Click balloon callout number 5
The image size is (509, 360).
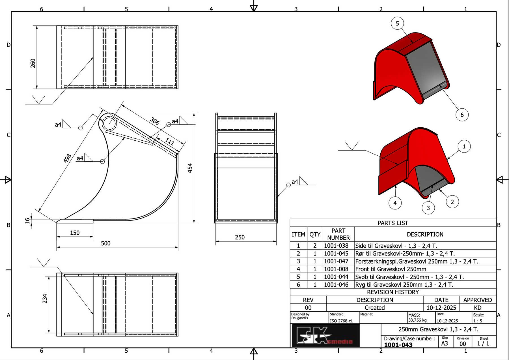click(x=397, y=23)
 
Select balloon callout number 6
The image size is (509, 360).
click(x=462, y=115)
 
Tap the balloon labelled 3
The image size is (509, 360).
click(x=428, y=208)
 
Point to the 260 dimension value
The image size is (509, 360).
click(x=33, y=63)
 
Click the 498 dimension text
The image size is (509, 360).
click(x=67, y=158)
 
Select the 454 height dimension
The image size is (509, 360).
click(x=190, y=168)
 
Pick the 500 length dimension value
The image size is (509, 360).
click(x=106, y=243)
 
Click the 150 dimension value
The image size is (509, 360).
click(x=75, y=233)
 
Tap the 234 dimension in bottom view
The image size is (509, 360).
click(x=45, y=299)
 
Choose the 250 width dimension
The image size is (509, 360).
click(x=240, y=237)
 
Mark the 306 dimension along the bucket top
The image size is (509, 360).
click(x=155, y=121)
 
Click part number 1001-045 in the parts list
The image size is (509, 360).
click(x=336, y=254)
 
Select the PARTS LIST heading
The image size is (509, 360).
click(x=393, y=223)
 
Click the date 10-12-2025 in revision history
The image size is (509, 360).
click(x=441, y=308)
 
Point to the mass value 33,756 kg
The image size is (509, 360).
click(x=417, y=320)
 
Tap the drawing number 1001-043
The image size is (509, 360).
click(x=398, y=345)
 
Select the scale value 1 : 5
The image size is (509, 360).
click(x=478, y=321)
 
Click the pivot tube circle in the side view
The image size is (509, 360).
click(x=109, y=123)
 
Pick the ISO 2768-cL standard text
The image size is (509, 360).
click(x=341, y=321)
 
